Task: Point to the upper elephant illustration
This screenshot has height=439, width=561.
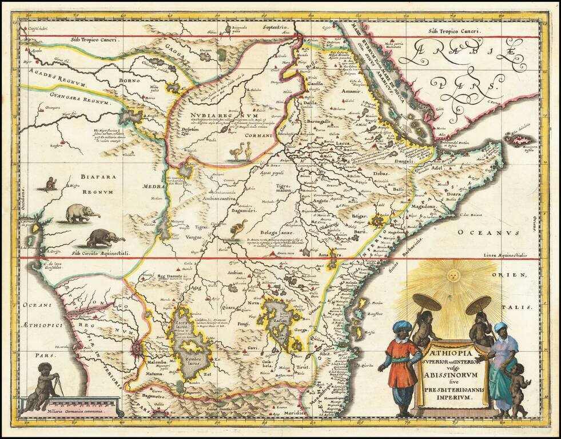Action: click(x=82, y=213)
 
